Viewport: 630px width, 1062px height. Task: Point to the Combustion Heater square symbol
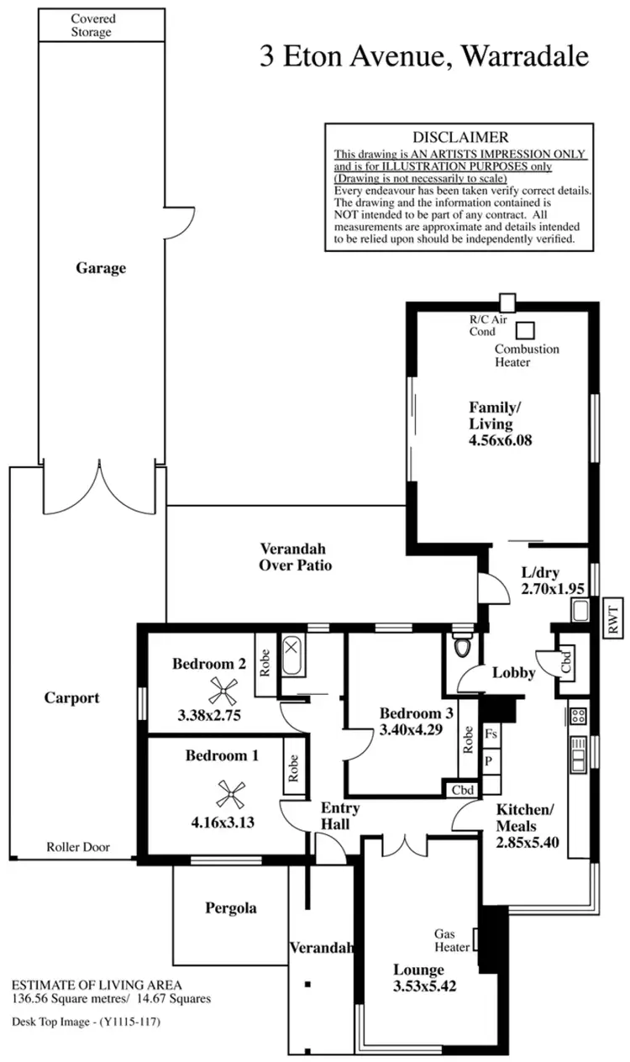click(x=526, y=330)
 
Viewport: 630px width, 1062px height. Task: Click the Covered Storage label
click(x=92, y=25)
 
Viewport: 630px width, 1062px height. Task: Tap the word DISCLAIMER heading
click(x=460, y=137)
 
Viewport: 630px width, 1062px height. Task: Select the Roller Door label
click(x=78, y=847)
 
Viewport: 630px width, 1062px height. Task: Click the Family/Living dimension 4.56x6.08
click(x=501, y=439)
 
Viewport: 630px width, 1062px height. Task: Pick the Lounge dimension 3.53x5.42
click(x=425, y=986)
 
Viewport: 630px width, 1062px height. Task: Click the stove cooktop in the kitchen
click(x=578, y=716)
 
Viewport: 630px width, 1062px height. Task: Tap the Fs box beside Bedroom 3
click(x=491, y=733)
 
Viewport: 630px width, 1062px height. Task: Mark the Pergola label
click(x=231, y=907)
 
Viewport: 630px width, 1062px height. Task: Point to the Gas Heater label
click(x=451, y=941)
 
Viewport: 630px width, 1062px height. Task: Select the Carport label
click(x=72, y=697)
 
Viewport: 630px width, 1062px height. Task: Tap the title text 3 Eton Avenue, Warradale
click(x=425, y=56)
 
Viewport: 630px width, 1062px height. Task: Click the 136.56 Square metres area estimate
click(x=70, y=999)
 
